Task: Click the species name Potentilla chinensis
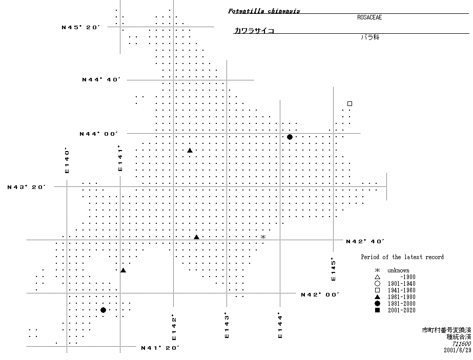264,11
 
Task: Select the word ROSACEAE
369,17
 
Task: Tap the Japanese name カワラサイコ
254,30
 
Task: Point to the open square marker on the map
349,104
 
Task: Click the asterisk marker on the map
263,237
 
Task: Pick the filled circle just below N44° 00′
290,137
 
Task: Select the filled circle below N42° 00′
103,310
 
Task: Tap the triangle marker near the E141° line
123,270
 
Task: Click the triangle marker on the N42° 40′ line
196,237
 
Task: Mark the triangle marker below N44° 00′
190,151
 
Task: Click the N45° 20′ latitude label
80,28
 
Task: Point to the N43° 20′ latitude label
27,187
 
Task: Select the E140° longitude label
67,160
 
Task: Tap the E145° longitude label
333,269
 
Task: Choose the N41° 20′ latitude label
160,348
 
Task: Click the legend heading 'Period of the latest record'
402,257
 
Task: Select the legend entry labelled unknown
392,270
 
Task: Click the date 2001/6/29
457,350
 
